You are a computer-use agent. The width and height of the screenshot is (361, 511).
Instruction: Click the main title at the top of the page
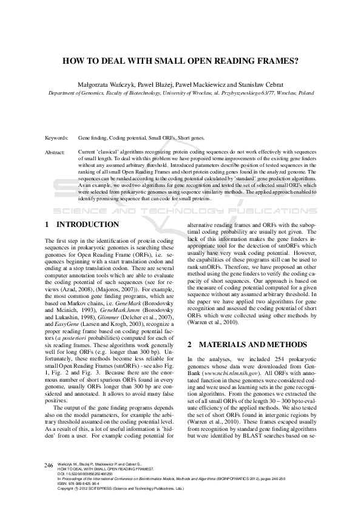(x=180, y=61)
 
